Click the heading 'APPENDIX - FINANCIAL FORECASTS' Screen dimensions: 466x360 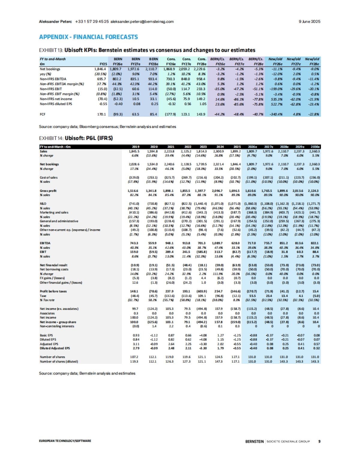(88, 37)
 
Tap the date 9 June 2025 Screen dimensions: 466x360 (309, 22)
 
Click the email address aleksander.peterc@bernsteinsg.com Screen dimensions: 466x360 (142, 22)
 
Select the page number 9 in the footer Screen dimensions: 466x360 (319, 441)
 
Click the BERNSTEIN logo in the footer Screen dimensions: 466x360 (254, 441)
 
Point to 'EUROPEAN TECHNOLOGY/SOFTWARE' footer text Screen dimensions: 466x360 (65, 441)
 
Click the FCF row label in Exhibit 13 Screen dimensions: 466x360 (43, 114)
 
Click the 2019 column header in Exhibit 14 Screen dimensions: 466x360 (136, 147)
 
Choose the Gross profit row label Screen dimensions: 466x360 (48, 191)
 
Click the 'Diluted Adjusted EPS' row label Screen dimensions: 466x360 (55, 348)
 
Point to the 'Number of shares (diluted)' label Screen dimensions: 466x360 (59, 361)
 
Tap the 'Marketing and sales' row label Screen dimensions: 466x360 (54, 212)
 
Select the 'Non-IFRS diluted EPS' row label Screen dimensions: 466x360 (56, 104)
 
